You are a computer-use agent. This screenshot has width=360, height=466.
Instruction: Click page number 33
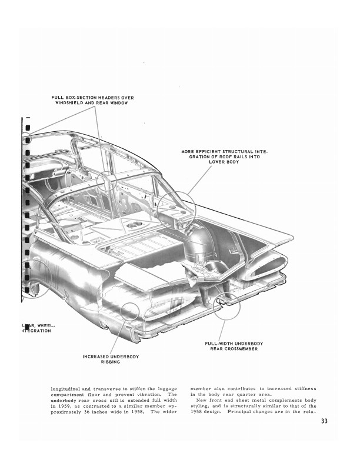point(325,421)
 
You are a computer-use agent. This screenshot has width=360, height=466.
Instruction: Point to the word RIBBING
point(110,362)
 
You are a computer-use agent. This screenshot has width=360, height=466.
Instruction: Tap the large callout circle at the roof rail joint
point(176,209)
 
